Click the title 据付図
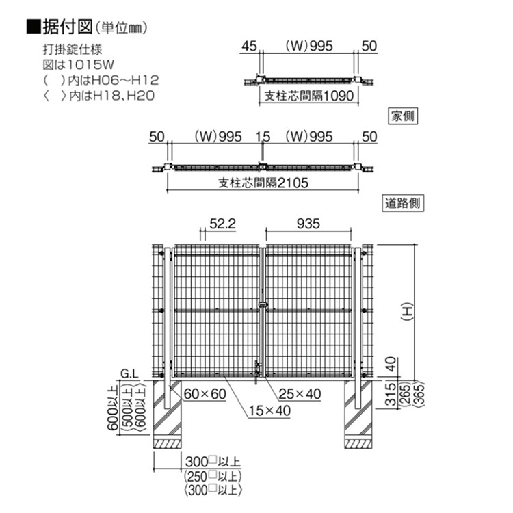click(68, 27)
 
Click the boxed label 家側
click(403, 116)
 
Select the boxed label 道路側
click(403, 203)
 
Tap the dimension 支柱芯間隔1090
click(309, 96)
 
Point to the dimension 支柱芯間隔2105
click(263, 183)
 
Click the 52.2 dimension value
click(222, 224)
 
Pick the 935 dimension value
click(308, 224)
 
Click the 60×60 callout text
click(205, 394)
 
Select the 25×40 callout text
click(300, 394)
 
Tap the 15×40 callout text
click(269, 411)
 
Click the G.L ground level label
click(129, 373)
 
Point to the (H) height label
click(408, 313)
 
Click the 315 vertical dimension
click(391, 394)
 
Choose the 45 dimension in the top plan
click(249, 46)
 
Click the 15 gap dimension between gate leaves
click(263, 137)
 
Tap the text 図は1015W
click(78, 65)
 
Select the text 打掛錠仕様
click(73, 49)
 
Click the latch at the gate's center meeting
click(263, 305)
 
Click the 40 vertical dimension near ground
click(391, 364)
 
